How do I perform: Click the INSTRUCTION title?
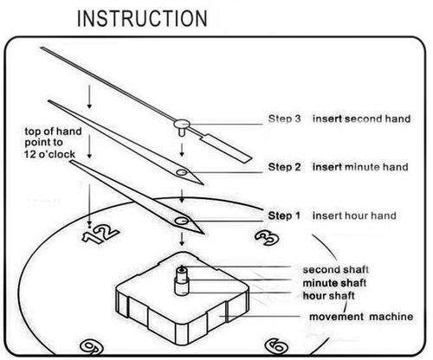click(142, 18)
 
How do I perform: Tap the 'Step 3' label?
click(284, 119)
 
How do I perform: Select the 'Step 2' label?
click(284, 167)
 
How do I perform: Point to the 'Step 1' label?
click(284, 215)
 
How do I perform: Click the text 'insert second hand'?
click(361, 119)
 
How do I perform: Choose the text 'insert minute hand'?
click(360, 167)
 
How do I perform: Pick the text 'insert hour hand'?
click(354, 215)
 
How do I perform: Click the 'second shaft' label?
click(336, 270)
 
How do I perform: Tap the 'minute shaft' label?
click(334, 283)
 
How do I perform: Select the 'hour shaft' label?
click(328, 296)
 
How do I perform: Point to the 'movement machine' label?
click(361, 317)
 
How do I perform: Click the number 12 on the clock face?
click(100, 234)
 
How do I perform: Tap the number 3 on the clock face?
click(268, 238)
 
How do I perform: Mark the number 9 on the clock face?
click(91, 347)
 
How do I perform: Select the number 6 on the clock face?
click(276, 345)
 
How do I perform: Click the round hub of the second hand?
click(182, 124)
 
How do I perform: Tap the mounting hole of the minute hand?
click(182, 172)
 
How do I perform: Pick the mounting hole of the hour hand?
click(182, 221)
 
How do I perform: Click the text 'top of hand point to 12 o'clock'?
click(53, 143)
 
